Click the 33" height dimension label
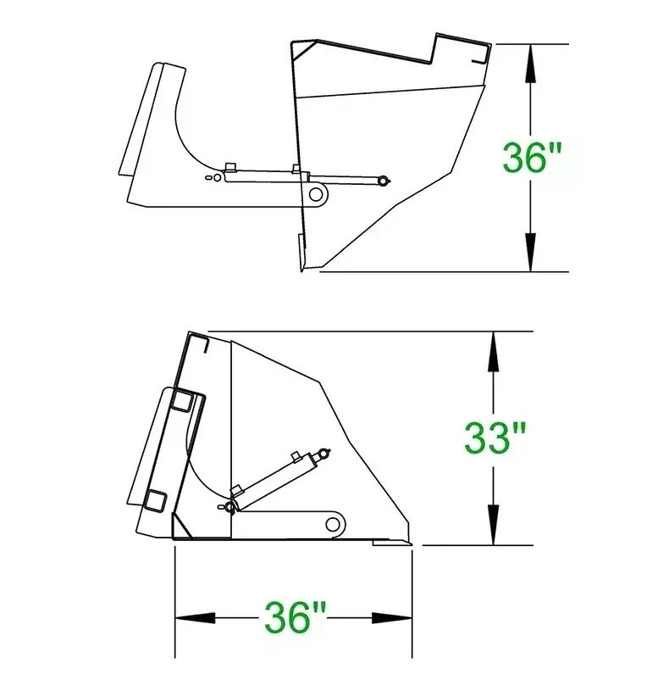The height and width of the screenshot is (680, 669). point(495,438)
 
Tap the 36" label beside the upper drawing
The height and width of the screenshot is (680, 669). point(532,157)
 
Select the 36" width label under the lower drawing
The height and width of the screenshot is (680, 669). point(296,616)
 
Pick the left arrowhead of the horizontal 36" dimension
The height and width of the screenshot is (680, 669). point(195,618)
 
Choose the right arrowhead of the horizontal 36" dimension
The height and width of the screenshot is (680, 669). point(392,618)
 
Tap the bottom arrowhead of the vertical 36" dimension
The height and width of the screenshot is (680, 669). point(530,252)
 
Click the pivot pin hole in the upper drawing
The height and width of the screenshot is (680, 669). point(316,194)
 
